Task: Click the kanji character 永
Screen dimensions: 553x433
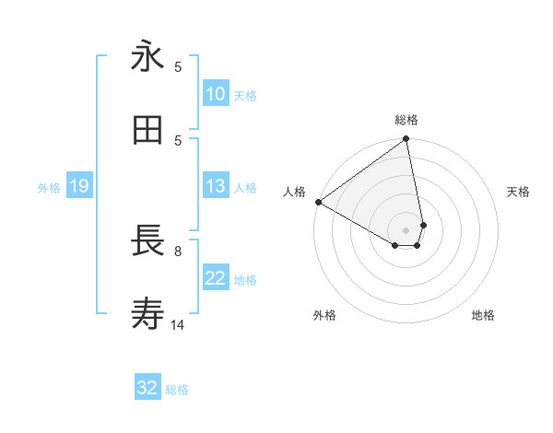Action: [x=147, y=57]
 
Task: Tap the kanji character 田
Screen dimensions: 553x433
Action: [x=147, y=131]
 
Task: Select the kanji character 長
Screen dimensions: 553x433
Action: [x=147, y=240]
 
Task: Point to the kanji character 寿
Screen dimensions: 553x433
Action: [x=147, y=314]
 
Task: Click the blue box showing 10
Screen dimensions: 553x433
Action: [x=215, y=94]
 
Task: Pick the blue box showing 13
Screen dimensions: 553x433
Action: [x=215, y=186]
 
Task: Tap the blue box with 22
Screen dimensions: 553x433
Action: [x=215, y=278]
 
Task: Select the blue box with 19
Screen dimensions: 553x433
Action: [x=78, y=186]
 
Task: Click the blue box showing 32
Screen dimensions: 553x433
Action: [x=147, y=388]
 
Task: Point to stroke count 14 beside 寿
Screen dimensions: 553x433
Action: [x=178, y=324]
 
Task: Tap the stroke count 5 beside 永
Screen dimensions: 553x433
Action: [x=178, y=66]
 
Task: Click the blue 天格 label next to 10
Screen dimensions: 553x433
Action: [x=245, y=95]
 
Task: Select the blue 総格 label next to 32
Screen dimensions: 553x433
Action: [x=177, y=389]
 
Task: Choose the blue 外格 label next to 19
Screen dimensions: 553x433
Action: [x=49, y=187]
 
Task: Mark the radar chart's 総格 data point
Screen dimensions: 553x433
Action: [x=406, y=140]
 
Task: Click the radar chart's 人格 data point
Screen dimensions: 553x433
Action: [x=318, y=202]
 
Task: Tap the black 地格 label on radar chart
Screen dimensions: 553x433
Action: [x=483, y=315]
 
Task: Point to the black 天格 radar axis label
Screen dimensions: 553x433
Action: [x=518, y=192]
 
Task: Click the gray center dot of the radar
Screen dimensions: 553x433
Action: [x=406, y=229]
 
